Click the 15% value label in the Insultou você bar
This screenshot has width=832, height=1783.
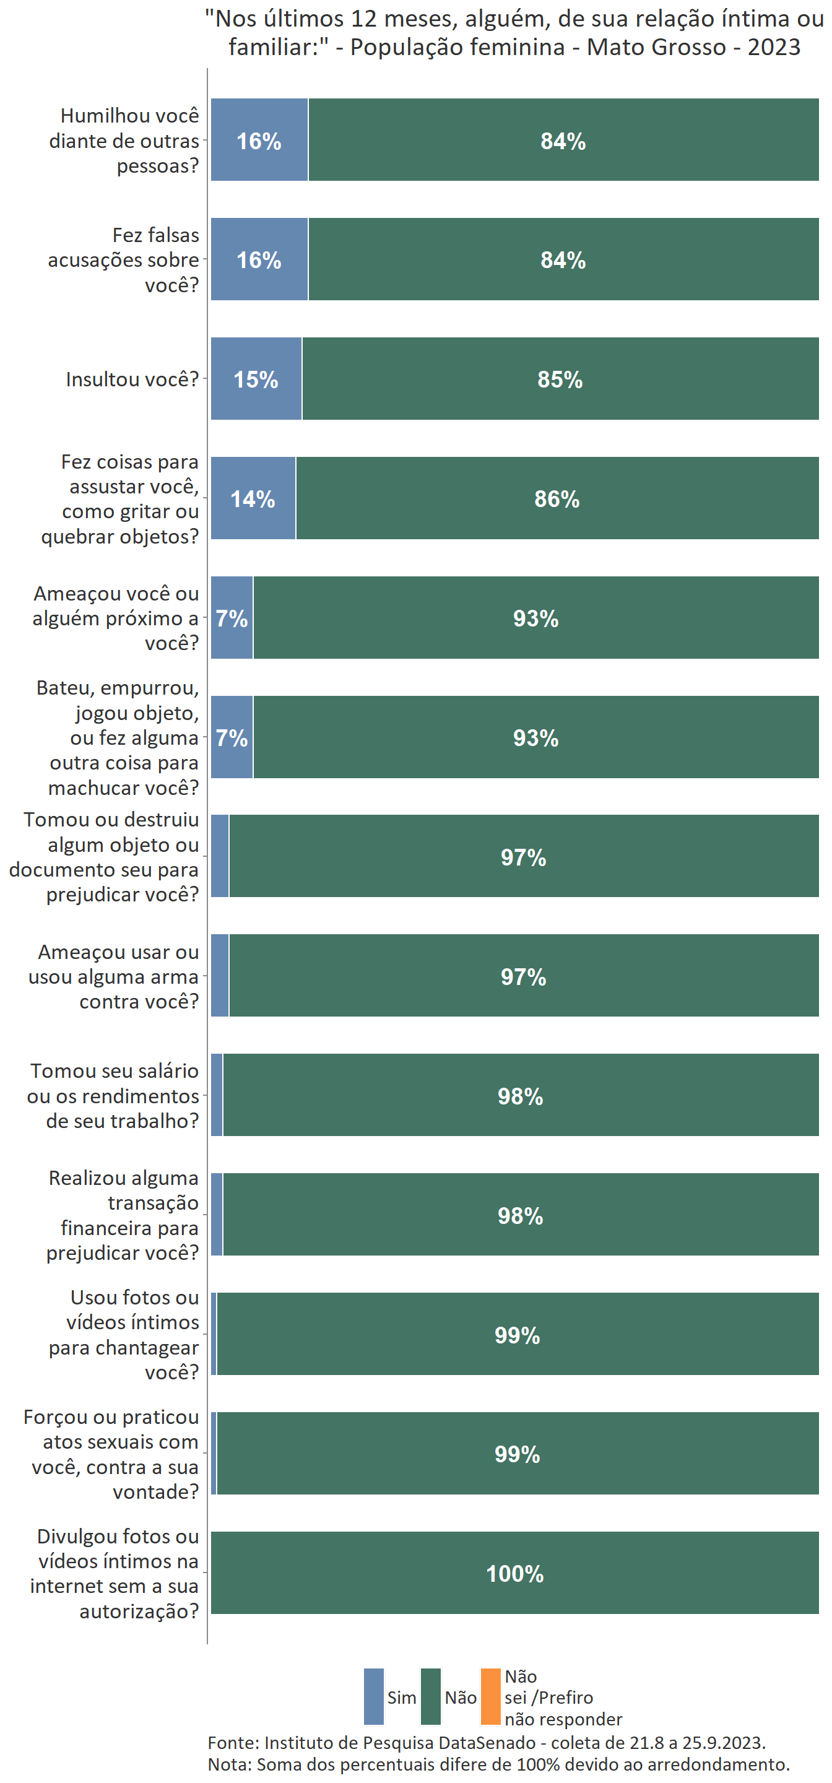(x=256, y=380)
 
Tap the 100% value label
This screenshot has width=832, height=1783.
(x=514, y=1573)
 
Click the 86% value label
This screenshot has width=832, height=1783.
(x=557, y=499)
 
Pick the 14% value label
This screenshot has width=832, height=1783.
(x=253, y=499)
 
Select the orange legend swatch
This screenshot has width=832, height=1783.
(x=490, y=1696)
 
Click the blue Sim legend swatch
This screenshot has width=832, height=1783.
(x=373, y=1696)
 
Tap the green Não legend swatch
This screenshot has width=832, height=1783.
(x=430, y=1696)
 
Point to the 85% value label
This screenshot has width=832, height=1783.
(x=560, y=380)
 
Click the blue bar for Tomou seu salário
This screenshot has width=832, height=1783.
(x=217, y=1095)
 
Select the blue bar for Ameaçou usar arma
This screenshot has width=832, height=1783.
(x=219, y=975)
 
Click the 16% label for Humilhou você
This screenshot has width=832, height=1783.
(x=259, y=141)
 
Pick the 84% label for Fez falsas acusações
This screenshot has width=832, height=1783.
(x=563, y=260)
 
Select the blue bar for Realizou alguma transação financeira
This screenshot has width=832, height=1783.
(x=217, y=1214)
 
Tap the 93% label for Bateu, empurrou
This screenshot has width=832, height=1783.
(x=535, y=738)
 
